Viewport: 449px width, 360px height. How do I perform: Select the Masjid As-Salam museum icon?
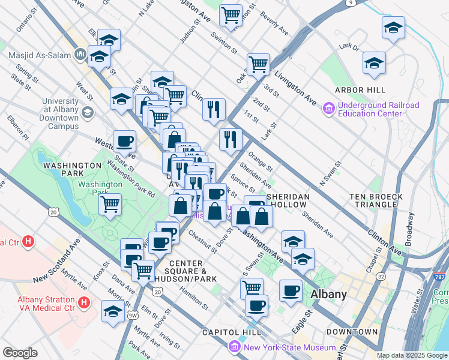[x=80, y=55]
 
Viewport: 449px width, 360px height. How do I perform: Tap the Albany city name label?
[x=328, y=294]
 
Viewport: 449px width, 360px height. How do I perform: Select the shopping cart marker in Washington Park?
[x=110, y=204]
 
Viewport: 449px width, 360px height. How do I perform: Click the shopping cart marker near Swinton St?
[x=231, y=14]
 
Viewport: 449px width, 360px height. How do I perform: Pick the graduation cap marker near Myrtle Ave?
[x=113, y=311]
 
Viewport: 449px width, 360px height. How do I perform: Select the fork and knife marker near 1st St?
[x=213, y=109]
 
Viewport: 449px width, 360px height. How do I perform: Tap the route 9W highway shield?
[x=133, y=313]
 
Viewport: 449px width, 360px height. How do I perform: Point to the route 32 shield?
[x=381, y=277]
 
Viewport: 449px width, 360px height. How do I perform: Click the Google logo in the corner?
[x=20, y=353]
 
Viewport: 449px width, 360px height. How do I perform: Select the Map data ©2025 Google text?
[x=411, y=355]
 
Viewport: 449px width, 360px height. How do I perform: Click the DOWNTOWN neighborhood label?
[x=352, y=332]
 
